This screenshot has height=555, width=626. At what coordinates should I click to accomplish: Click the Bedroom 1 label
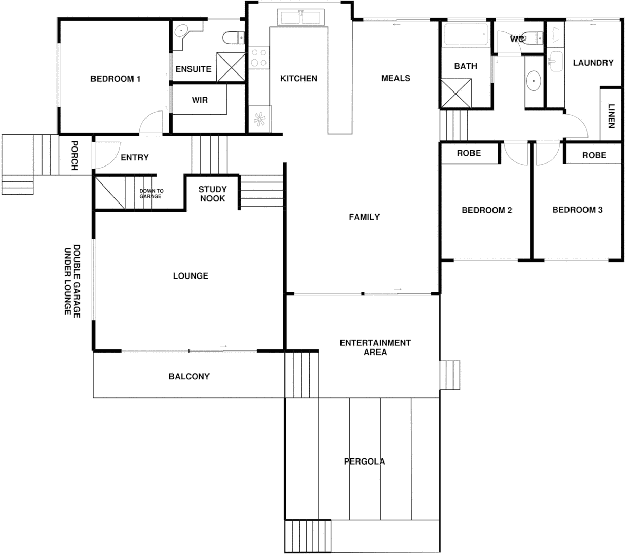[x=115, y=79]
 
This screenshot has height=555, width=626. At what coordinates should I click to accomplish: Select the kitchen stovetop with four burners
[x=259, y=58]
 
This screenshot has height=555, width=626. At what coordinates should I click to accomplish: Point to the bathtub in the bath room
[x=465, y=35]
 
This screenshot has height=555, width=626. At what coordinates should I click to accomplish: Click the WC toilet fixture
[x=535, y=38]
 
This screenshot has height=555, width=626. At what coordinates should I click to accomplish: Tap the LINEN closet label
[x=611, y=116]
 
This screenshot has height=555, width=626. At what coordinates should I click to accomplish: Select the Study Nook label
[x=213, y=194]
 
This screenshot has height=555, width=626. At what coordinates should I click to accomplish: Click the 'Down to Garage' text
[x=151, y=193]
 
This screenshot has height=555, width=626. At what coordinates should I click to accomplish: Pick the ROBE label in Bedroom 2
[x=468, y=153]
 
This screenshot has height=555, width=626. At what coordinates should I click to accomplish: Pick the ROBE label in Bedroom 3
[x=594, y=155]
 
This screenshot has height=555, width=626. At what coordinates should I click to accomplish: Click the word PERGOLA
[x=364, y=461]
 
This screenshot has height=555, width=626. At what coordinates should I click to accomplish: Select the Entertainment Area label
[x=375, y=347]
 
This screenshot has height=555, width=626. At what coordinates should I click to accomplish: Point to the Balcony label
[x=189, y=376]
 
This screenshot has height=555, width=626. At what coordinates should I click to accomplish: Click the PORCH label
[x=74, y=155]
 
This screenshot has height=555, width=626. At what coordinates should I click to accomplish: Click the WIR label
[x=200, y=100]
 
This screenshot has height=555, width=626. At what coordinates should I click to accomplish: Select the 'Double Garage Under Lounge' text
[x=72, y=280]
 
